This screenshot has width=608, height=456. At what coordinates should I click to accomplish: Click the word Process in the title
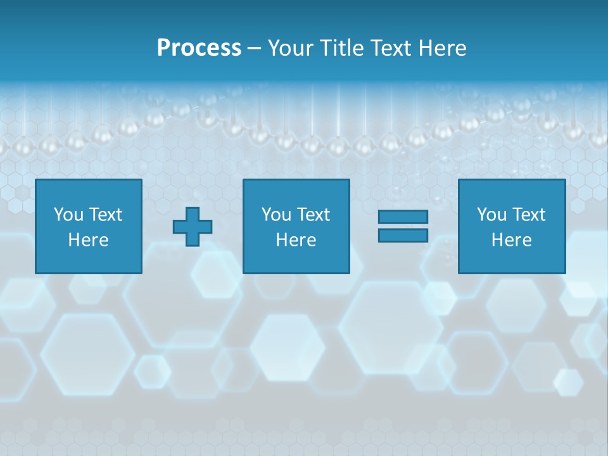[x=199, y=48]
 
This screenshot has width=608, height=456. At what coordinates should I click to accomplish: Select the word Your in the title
[x=291, y=48]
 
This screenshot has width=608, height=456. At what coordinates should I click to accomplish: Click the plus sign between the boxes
[x=193, y=227]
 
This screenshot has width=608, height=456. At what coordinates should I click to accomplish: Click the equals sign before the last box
[x=403, y=226]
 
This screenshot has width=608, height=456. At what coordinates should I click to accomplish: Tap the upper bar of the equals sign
[x=403, y=217]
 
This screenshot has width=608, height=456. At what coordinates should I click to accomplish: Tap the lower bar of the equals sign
[x=403, y=236]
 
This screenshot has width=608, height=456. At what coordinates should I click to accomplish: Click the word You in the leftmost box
[x=67, y=215]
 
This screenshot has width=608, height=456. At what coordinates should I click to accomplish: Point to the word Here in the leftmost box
[x=88, y=240]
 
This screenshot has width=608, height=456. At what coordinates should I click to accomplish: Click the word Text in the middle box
[x=312, y=215]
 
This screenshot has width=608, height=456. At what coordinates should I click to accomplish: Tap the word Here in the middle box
[x=296, y=240]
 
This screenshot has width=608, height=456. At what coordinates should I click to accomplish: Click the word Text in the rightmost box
[x=528, y=215]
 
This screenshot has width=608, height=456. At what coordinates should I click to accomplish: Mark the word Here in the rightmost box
[x=511, y=240]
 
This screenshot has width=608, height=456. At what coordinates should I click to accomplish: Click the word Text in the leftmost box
[x=104, y=215]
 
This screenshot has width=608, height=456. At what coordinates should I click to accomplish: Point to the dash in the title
[x=255, y=49]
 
